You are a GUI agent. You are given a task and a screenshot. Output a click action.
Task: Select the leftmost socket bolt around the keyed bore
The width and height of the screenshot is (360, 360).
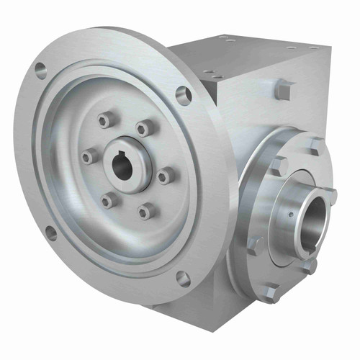88,156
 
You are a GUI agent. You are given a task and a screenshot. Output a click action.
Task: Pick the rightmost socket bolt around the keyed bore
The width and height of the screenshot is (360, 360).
166,176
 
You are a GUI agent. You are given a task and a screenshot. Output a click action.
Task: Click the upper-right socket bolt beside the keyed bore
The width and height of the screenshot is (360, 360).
145,128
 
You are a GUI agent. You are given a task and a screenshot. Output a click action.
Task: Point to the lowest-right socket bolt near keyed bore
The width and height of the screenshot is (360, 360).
146,210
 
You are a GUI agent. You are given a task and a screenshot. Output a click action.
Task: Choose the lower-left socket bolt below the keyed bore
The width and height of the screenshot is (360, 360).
108,201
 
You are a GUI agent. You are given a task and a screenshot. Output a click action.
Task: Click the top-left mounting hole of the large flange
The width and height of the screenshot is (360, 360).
40,71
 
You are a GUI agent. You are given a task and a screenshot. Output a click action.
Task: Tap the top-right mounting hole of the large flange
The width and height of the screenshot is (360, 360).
184,95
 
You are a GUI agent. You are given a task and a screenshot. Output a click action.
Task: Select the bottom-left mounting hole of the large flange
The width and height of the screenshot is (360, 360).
50,233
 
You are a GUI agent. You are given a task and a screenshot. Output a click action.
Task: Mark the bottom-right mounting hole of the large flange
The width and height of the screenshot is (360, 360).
183,279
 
